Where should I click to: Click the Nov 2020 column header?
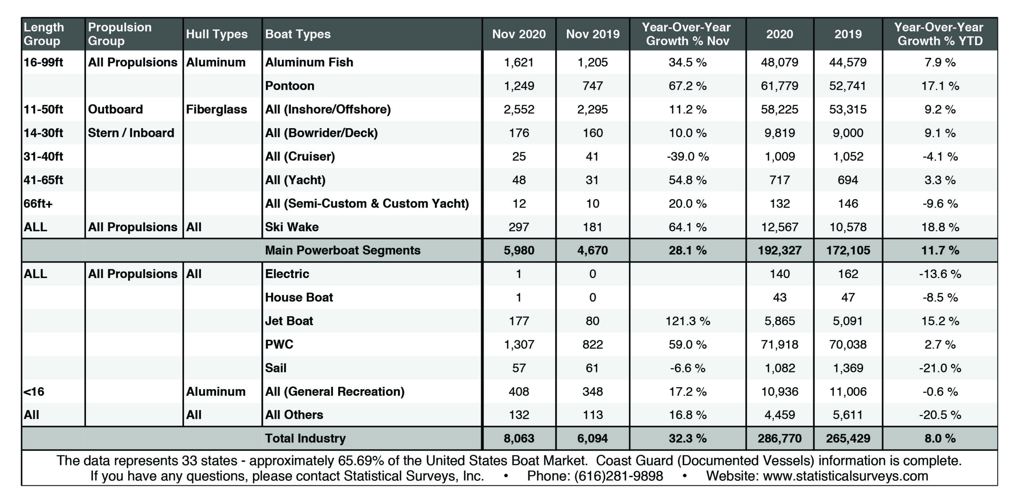519,34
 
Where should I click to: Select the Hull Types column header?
217,34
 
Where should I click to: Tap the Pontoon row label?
290,86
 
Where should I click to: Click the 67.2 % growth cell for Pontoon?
688,86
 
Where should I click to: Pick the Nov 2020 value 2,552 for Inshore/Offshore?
519,109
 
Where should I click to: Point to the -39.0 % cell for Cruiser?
688,156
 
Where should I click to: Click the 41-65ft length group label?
44,180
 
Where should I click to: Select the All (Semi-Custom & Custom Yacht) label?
367,204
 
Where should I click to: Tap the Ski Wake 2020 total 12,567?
779,227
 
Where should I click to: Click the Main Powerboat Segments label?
343,250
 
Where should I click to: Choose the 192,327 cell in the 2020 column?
779,250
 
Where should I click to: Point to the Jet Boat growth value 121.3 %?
688,321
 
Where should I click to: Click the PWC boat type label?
279,344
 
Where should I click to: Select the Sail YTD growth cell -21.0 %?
940,368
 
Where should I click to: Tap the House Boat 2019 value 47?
848,298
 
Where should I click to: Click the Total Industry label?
305,438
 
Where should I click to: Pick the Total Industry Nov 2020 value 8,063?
519,438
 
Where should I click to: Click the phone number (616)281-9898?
619,476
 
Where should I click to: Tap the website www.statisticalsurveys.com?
845,476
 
